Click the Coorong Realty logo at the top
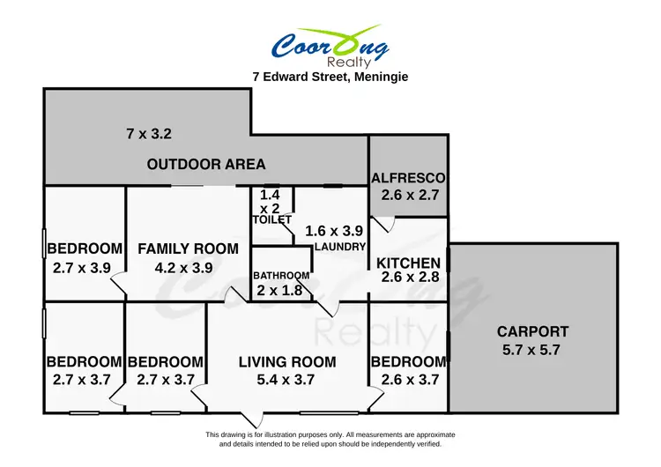coord(330,46)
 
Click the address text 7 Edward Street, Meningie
coord(330,77)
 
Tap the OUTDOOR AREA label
coord(206,164)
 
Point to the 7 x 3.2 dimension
coord(148,135)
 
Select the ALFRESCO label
coord(408,177)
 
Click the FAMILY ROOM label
coord(188,248)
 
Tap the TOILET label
coord(271,219)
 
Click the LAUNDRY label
coord(339,247)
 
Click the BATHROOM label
coord(282,276)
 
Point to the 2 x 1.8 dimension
coord(279,291)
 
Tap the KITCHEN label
coord(408,263)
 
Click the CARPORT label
coord(532,332)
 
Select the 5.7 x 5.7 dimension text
coord(532,349)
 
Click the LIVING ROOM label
coord(287,361)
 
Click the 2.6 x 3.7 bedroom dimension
coord(408,380)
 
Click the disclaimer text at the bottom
coord(330,439)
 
